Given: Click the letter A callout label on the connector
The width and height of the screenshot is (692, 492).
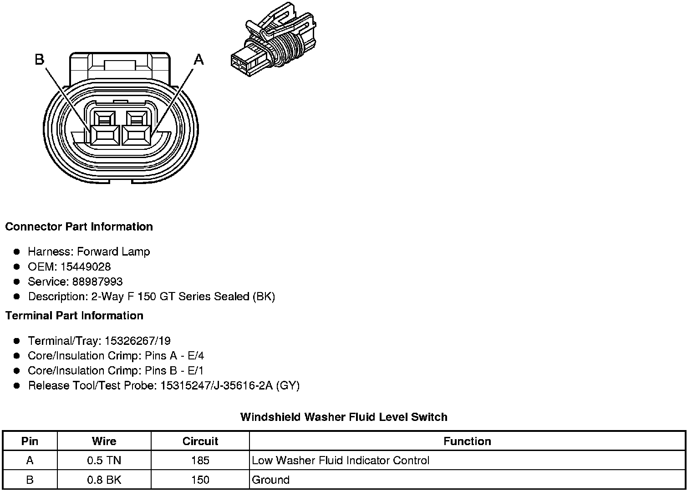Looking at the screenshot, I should point(199,59).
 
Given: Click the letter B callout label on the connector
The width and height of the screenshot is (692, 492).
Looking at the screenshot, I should point(40,59).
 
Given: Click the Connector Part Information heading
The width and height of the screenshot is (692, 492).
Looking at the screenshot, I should point(79,227).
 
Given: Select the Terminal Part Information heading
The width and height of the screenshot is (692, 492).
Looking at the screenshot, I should point(74,316).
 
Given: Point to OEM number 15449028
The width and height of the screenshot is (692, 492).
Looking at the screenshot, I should point(86,266).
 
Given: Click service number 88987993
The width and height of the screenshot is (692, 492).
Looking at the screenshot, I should point(97,282).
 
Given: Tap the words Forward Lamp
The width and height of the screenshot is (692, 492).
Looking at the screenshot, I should point(113,251).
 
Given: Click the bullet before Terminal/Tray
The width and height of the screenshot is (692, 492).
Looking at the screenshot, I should point(17,341).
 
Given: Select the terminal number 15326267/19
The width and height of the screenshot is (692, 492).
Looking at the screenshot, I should point(137,341).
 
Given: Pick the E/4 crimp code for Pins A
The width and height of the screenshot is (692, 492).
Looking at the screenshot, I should point(196,356).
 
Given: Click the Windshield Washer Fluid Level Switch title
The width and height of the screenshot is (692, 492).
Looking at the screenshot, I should point(344,417).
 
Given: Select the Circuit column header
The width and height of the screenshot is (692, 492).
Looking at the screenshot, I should point(200,441).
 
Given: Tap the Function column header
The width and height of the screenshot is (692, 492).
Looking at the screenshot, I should point(467,441).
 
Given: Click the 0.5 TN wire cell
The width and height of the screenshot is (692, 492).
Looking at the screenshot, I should point(104,461).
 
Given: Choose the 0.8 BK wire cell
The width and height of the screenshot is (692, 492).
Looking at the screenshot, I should point(104,480).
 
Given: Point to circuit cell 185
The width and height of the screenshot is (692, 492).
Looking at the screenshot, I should point(200,461).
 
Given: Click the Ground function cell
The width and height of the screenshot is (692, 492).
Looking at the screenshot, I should point(271,480).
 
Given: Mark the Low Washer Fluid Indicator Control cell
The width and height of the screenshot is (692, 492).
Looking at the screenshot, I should point(341,461).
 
